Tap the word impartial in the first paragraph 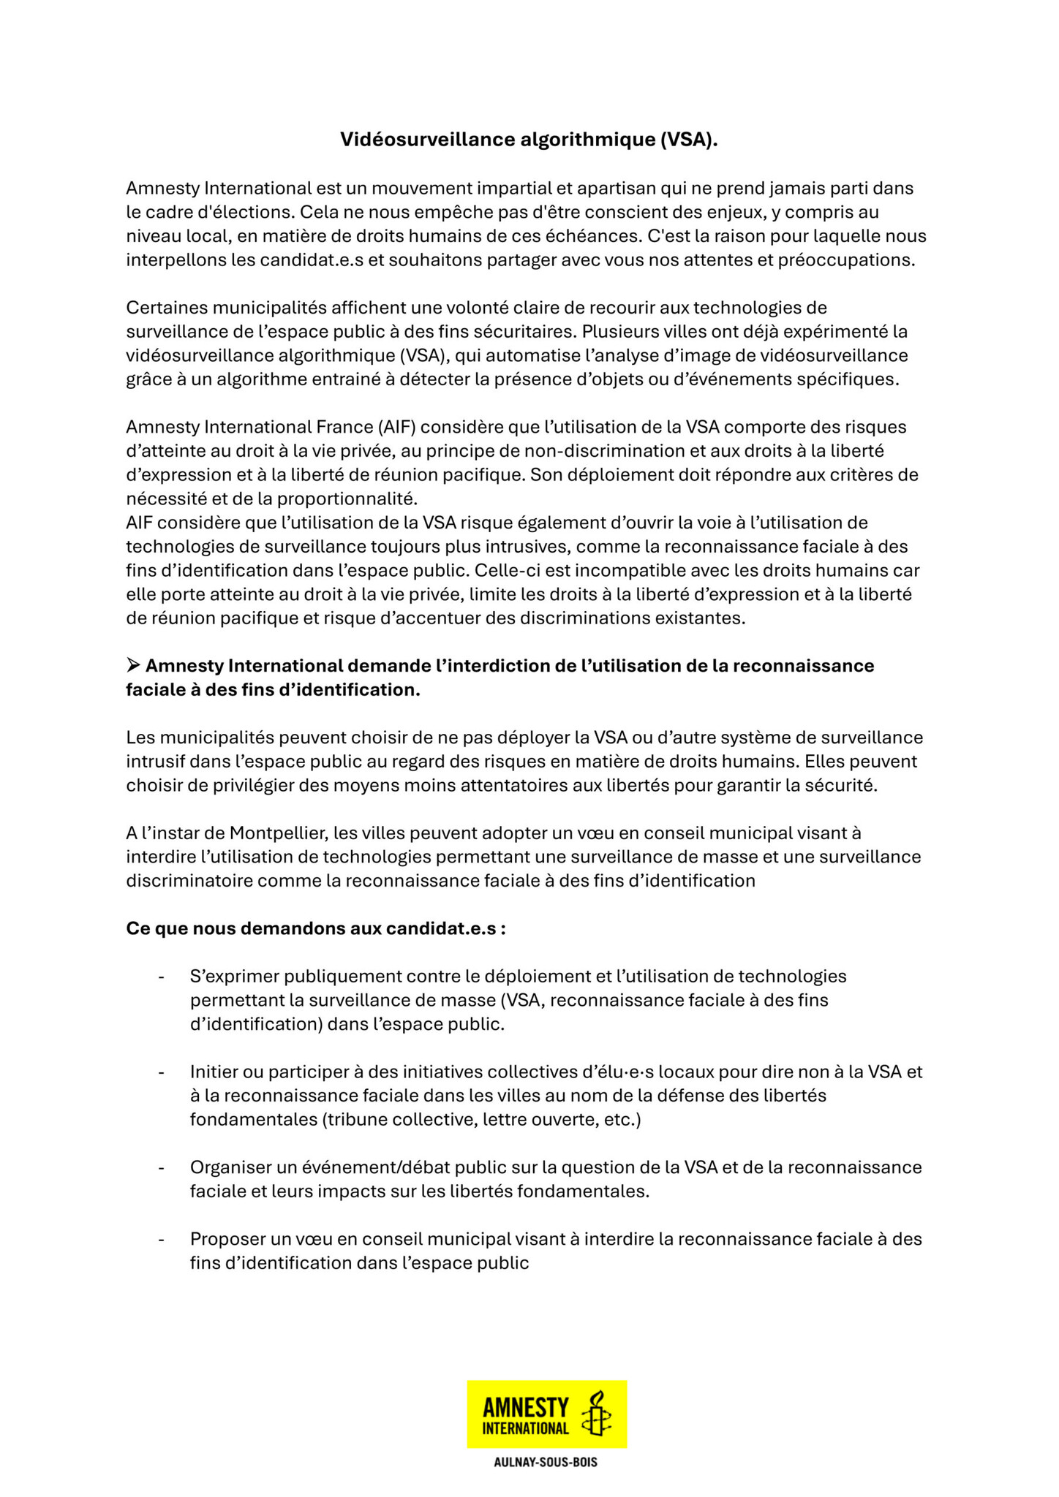521,189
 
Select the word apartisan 617,189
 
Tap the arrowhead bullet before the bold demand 133,665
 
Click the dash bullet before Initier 161,1072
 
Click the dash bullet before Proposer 161,1240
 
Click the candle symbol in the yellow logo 596,1414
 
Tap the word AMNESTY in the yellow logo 526,1407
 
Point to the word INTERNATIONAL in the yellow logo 526,1428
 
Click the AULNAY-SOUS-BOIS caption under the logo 546,1463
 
